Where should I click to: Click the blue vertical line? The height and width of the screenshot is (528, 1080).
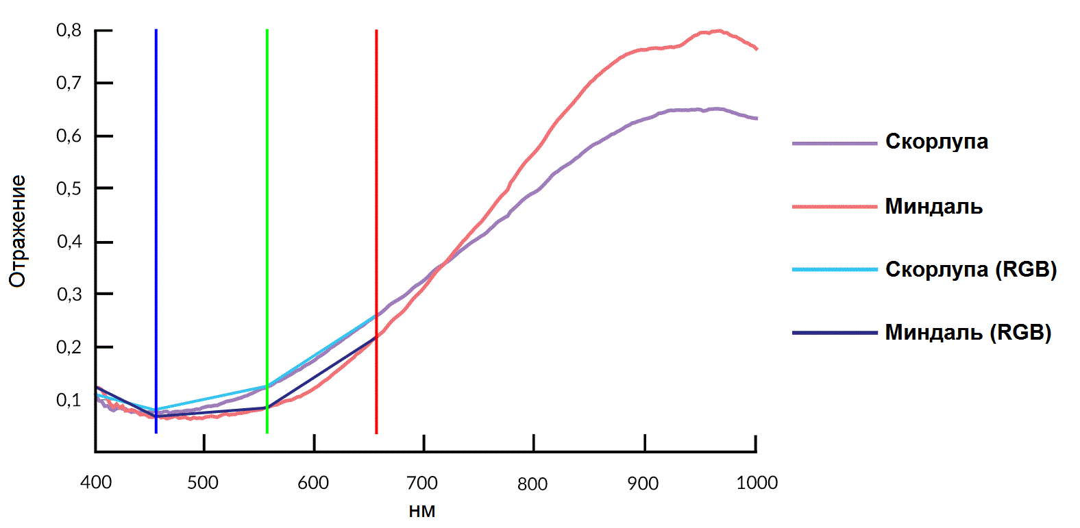click(x=156, y=205)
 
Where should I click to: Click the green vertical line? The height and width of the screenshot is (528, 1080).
click(x=267, y=205)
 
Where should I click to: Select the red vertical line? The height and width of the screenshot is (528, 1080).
click(x=376, y=205)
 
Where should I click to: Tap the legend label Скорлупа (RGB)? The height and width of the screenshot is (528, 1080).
click(x=970, y=269)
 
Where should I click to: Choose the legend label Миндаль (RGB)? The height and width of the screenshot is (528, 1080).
click(x=968, y=332)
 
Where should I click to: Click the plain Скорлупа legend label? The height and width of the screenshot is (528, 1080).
click(x=936, y=142)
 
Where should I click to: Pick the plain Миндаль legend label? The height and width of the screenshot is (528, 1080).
click(x=933, y=206)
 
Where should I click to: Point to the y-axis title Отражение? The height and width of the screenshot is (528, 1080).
click(x=18, y=231)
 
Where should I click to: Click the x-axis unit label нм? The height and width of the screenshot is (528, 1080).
click(x=422, y=511)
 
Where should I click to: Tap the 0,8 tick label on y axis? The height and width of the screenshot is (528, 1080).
click(x=69, y=30)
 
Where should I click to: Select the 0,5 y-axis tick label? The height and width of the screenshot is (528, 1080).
click(x=69, y=188)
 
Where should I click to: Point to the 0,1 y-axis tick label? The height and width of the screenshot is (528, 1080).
click(x=69, y=400)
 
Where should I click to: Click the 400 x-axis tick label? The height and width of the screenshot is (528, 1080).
click(x=96, y=483)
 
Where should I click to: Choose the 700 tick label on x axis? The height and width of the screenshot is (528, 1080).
click(x=422, y=483)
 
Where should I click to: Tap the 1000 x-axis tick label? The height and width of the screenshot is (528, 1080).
click(x=757, y=483)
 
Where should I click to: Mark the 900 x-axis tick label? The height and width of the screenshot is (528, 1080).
click(x=643, y=483)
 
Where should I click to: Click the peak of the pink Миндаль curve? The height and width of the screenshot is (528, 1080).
click(x=717, y=31)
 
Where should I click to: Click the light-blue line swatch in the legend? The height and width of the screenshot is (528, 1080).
click(x=834, y=270)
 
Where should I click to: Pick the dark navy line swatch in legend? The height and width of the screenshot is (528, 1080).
click(x=834, y=333)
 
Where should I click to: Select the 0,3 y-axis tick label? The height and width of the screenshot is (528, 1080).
click(x=69, y=294)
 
